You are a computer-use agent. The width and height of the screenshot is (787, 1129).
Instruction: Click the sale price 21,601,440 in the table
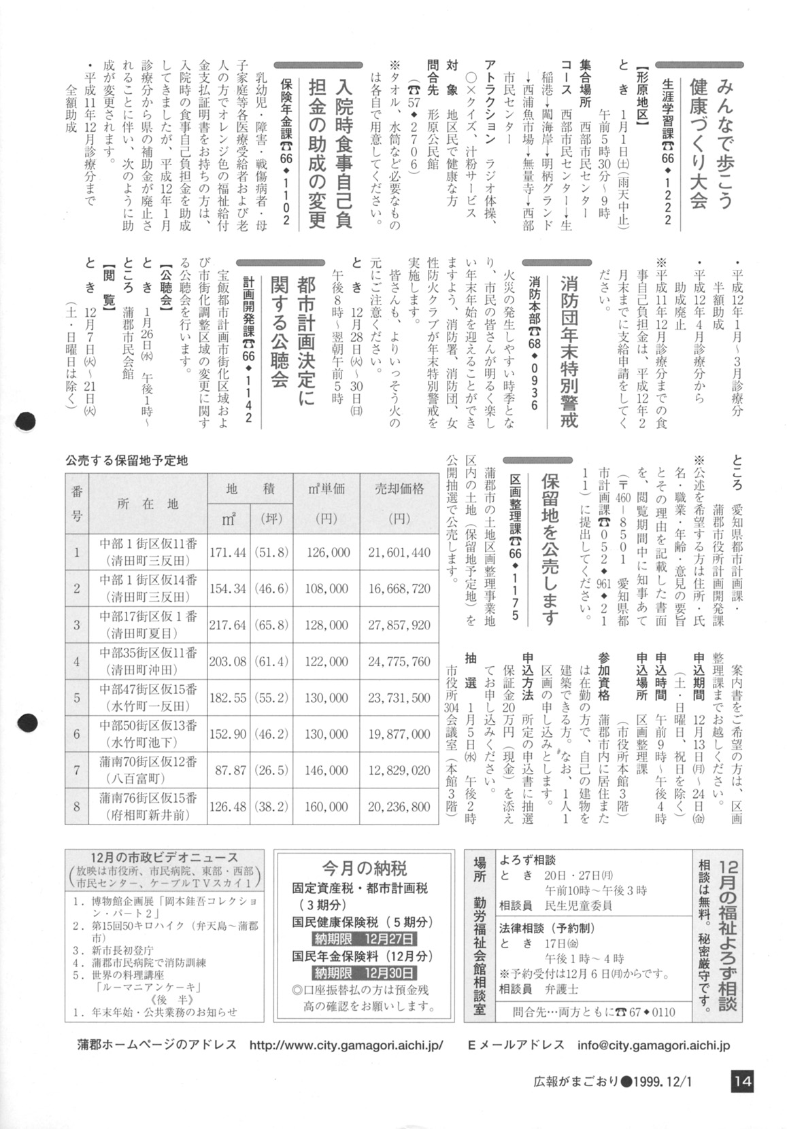399,553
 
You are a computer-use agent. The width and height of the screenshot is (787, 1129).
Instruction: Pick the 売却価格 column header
399,489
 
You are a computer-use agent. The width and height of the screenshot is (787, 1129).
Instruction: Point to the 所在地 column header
148,504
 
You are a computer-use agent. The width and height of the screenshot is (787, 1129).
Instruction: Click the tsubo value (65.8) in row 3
272,625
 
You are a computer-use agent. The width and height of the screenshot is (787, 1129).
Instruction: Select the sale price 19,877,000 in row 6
399,734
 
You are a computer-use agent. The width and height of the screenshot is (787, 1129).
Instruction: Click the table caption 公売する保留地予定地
127,460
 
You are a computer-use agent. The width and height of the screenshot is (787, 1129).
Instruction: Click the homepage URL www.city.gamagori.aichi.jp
346,1045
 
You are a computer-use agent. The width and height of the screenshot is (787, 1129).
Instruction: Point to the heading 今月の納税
365,868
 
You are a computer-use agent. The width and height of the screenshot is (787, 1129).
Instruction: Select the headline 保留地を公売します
550,549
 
